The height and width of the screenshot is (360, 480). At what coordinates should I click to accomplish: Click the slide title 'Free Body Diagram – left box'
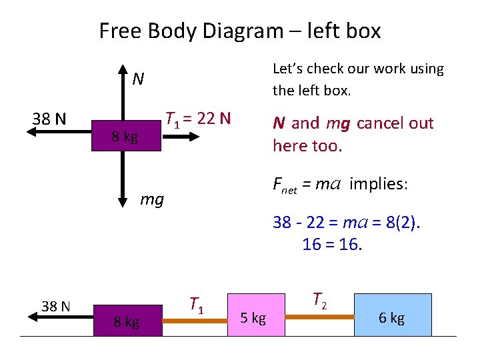(240, 31)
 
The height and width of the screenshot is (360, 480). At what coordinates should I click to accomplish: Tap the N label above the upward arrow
(138, 79)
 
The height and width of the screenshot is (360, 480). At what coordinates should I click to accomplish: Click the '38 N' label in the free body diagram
(49, 119)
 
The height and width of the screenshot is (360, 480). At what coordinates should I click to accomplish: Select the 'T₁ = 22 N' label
(198, 119)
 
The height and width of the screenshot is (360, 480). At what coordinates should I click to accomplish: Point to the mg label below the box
(152, 198)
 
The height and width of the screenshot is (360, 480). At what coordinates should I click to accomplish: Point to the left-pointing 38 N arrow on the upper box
(60, 133)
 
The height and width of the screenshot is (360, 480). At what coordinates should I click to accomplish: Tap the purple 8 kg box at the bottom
(126, 322)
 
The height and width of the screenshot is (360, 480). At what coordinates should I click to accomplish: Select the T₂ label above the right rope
(319, 301)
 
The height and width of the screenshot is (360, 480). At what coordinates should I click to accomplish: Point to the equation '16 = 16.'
(332, 245)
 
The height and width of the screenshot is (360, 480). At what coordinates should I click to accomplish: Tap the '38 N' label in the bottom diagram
(56, 307)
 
